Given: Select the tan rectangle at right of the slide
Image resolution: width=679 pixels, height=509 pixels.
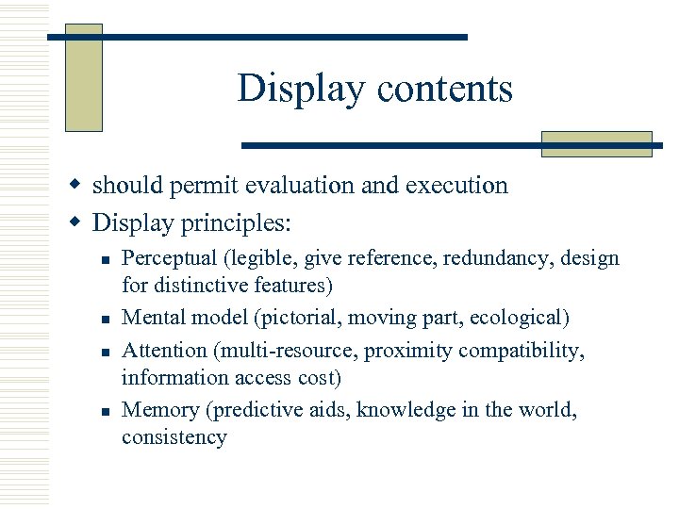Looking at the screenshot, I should click(596, 143).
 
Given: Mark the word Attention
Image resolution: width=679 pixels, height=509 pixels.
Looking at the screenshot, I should click(164, 351).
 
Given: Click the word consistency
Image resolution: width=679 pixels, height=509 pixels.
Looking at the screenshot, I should click(174, 437).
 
